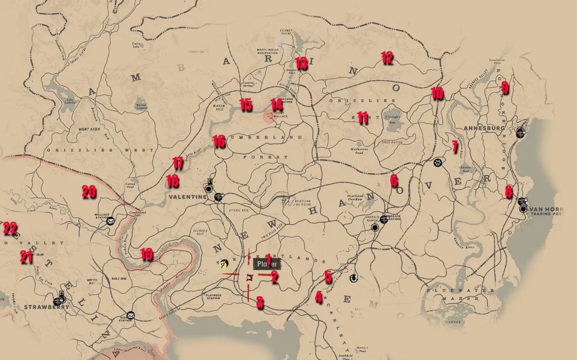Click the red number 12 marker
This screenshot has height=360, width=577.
tap(387, 58)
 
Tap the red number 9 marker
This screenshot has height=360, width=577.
tap(505, 88)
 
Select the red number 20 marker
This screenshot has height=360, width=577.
tap(88, 192)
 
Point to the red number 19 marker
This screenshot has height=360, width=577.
tap(146, 254)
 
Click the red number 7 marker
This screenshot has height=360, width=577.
tap(455, 147)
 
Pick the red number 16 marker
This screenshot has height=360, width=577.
tap(218, 141)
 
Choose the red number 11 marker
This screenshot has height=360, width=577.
tap(362, 117)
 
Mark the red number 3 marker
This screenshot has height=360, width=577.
tap(260, 303)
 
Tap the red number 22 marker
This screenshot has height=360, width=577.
tap(10, 228)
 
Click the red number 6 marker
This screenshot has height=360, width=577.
tap(394, 181)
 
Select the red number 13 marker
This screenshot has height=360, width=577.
tap(301, 63)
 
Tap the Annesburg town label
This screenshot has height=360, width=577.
tap(484, 128)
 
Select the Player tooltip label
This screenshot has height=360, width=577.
tap(267, 264)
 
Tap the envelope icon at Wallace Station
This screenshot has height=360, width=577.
tap(110, 221)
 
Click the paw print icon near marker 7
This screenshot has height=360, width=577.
tap(437, 162)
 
